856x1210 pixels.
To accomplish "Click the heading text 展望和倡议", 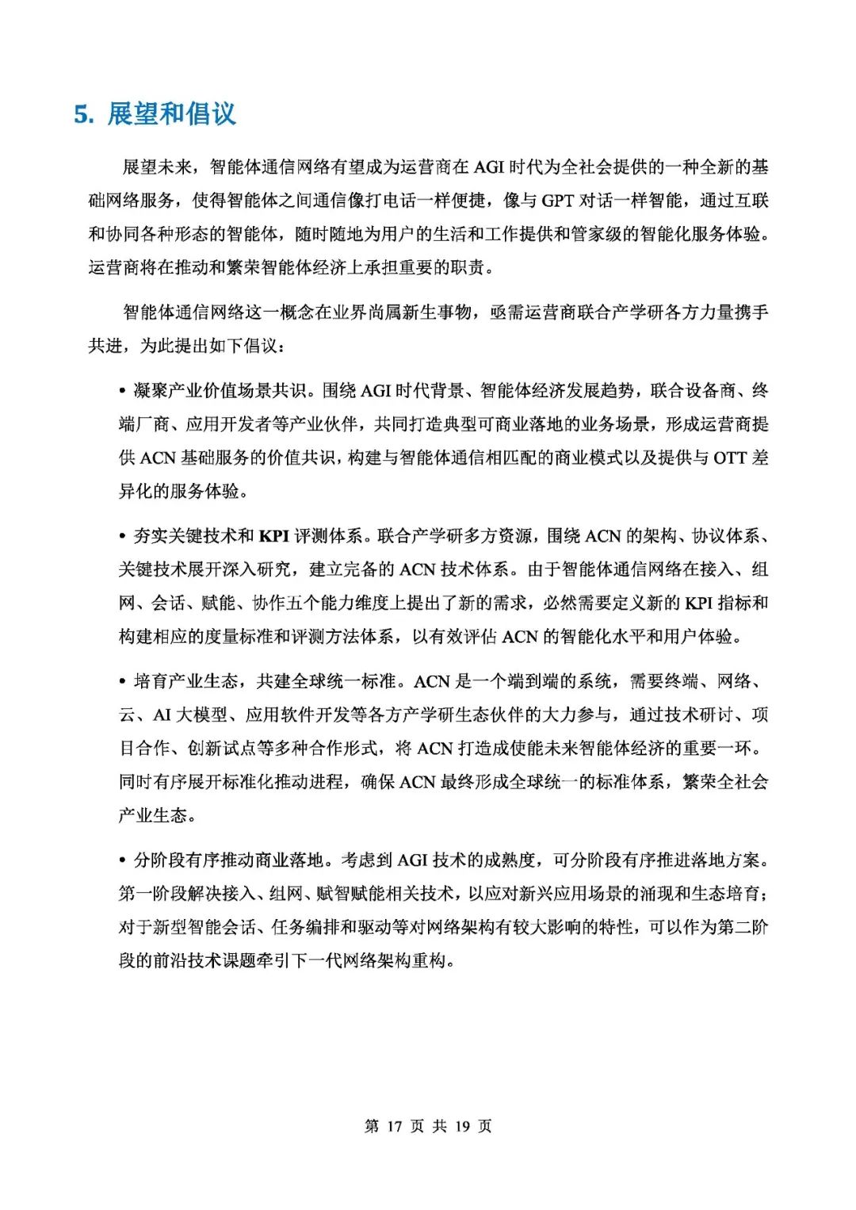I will (171, 114).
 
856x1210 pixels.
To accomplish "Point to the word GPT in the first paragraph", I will (558, 201).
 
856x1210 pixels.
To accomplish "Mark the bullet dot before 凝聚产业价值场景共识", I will (122, 391).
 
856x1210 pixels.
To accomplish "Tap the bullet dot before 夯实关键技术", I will (122, 537).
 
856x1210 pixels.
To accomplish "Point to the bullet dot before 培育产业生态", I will (122, 682).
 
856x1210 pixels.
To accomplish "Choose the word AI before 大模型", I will (162, 715).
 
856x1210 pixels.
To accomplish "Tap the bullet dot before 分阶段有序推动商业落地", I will (122, 860).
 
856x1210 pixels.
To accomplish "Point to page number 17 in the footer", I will (395, 1126).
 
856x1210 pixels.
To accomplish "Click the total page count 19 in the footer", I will (463, 1126).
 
